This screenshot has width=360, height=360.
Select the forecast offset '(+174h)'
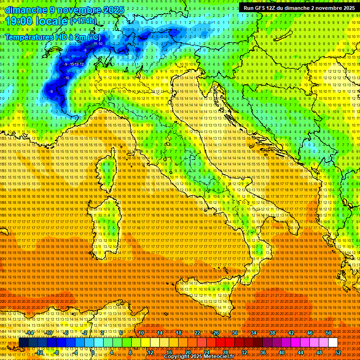pos(83,21)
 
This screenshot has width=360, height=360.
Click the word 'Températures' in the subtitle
pos(28,37)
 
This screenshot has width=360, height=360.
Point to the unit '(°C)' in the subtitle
pos(93,37)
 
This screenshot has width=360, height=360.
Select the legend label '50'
pos(329,332)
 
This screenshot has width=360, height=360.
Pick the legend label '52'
pos(338,352)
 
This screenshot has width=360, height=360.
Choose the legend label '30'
pos(234,332)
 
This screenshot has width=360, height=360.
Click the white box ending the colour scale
pos(333,343)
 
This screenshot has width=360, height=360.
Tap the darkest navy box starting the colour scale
pos(23,343)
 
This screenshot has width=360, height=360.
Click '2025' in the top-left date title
pos(113,9)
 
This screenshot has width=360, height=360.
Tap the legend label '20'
pos(187,352)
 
